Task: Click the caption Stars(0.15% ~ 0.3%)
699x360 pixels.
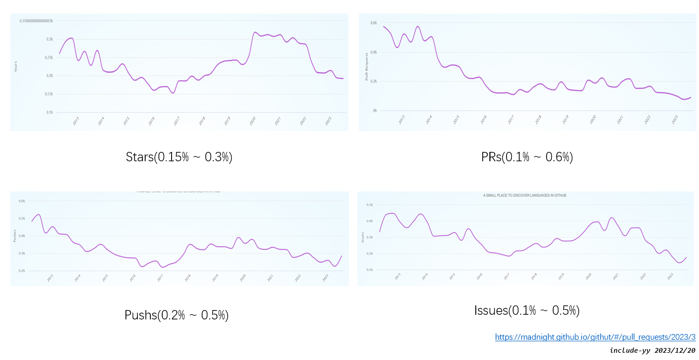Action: tap(179, 157)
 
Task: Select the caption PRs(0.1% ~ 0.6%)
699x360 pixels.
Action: tap(527, 157)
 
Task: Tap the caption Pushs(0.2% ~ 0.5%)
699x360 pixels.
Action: tap(176, 315)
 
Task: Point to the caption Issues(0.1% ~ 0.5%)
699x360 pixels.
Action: tap(527, 311)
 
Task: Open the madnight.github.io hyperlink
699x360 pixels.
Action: tap(595, 337)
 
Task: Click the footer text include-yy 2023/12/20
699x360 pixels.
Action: tap(652, 350)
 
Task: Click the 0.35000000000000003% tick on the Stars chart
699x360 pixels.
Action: tap(36, 21)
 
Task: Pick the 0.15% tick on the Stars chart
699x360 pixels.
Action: tap(49, 94)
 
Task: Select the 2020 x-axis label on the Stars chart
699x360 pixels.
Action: tap(253, 121)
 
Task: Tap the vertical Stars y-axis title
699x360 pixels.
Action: tap(16, 66)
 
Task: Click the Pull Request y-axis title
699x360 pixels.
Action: tap(367, 67)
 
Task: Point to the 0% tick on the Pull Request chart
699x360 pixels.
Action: tap(374, 110)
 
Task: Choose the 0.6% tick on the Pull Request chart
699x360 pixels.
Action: tap(373, 23)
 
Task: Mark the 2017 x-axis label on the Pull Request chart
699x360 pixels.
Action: tap(511, 120)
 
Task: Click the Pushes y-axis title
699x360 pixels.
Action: tap(15, 236)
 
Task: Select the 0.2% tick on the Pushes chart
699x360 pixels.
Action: tap(22, 271)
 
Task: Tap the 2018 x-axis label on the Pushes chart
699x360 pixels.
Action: tap(187, 278)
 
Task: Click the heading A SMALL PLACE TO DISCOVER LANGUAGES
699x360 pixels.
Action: tap(524, 196)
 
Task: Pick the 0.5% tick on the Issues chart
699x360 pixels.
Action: tap(370, 205)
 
